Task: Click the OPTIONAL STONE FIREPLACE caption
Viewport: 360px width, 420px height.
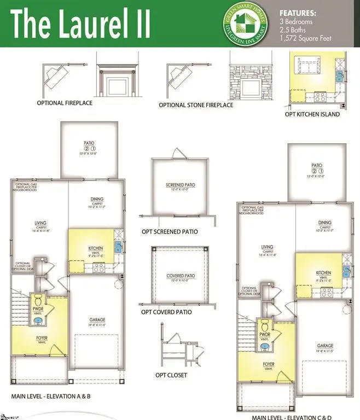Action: click(196, 105)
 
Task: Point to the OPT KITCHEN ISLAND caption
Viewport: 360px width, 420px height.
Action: click(312, 114)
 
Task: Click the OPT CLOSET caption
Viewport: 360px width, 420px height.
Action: click(171, 375)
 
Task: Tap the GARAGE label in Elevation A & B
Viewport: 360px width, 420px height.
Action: click(97, 320)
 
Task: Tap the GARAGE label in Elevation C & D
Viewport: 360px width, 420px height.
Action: click(325, 346)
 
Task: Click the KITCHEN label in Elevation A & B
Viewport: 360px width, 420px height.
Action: click(96, 249)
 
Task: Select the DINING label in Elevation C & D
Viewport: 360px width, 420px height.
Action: click(325, 223)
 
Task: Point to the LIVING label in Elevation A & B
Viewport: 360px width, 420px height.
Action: click(40, 223)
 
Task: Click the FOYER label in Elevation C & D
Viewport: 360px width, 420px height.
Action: click(269, 364)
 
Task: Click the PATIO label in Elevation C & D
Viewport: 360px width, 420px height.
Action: click(317, 165)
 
